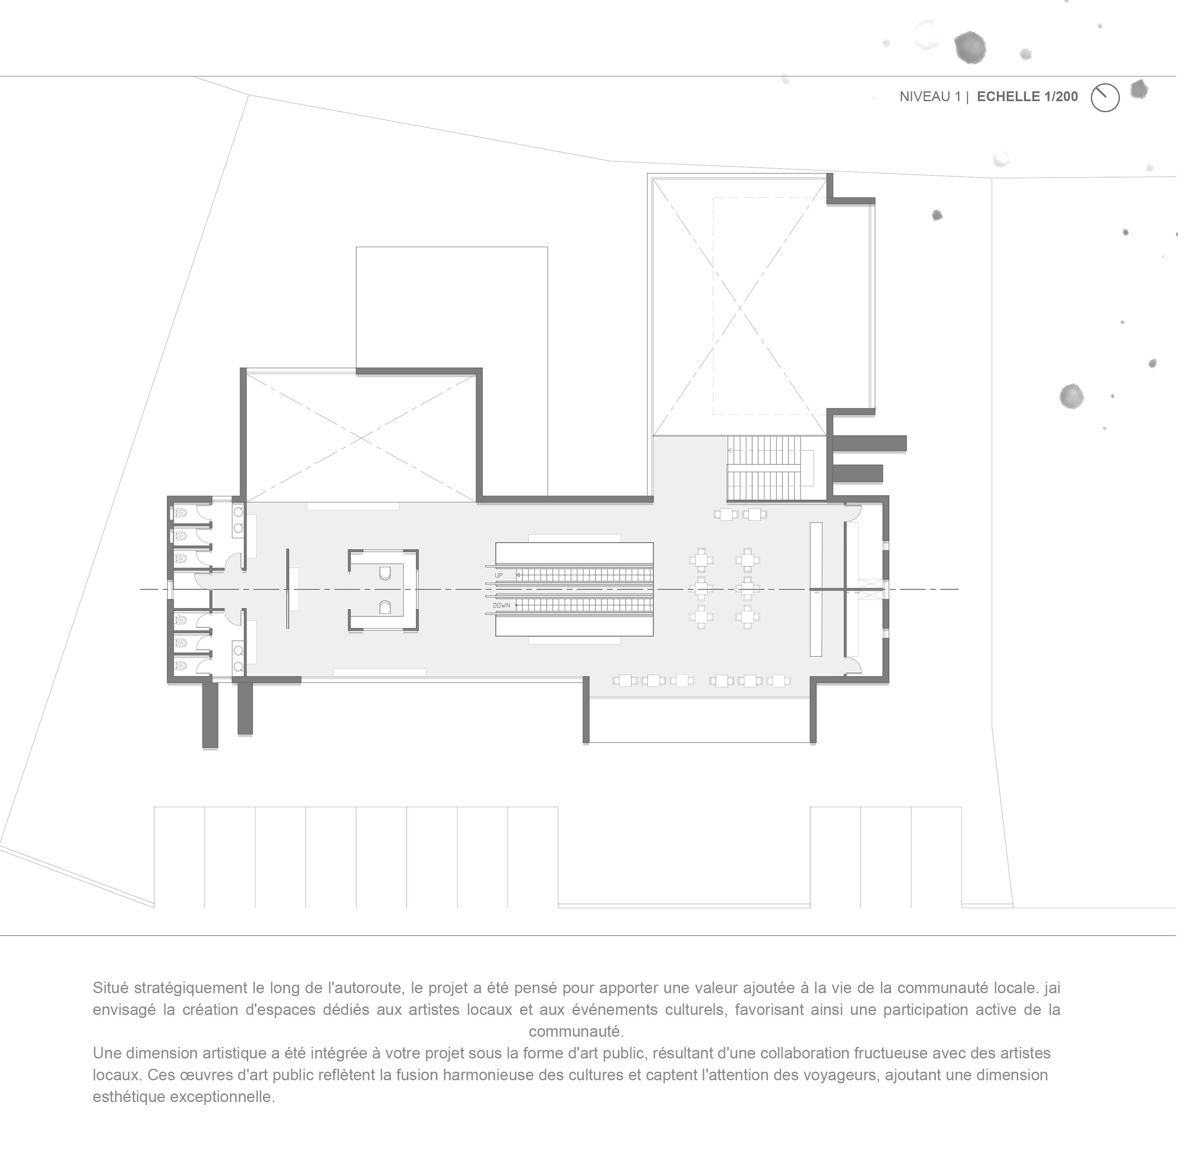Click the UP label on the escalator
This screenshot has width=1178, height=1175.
[x=499, y=575]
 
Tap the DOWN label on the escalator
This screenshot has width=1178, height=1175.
[x=501, y=605]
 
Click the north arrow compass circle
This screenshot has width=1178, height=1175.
[x=1105, y=97]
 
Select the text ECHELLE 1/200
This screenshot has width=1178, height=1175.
[x=1027, y=96]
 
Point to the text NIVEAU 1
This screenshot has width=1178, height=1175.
[x=930, y=96]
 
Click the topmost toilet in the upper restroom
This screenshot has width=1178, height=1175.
[x=181, y=513]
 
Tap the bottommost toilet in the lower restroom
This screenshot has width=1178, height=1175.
[x=181, y=665]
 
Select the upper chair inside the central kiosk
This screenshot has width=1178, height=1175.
[x=384, y=573]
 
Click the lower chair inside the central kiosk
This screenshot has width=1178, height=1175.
[x=384, y=607]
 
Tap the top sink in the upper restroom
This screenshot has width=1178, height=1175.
[x=238, y=512]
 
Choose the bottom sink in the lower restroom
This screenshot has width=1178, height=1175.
[x=238, y=666]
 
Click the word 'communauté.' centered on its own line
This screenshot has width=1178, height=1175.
[x=576, y=1031]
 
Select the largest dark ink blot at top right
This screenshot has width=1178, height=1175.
[x=970, y=47]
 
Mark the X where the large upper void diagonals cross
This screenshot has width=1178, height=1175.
[x=740, y=308]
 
